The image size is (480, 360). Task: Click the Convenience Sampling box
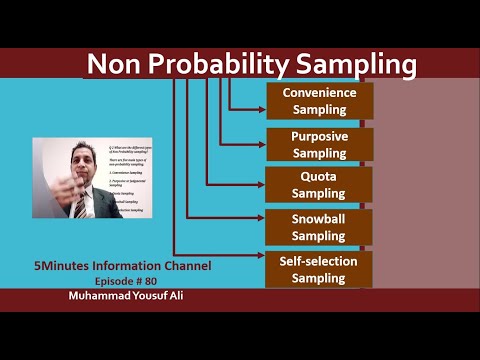coord(319,101)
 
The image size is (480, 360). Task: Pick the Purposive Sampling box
coord(319,144)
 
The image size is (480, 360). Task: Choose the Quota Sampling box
coord(319,185)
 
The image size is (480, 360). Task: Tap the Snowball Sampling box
coord(319,227)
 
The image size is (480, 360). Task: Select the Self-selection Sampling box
coord(319,269)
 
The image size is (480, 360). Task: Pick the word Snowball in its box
coord(318,218)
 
